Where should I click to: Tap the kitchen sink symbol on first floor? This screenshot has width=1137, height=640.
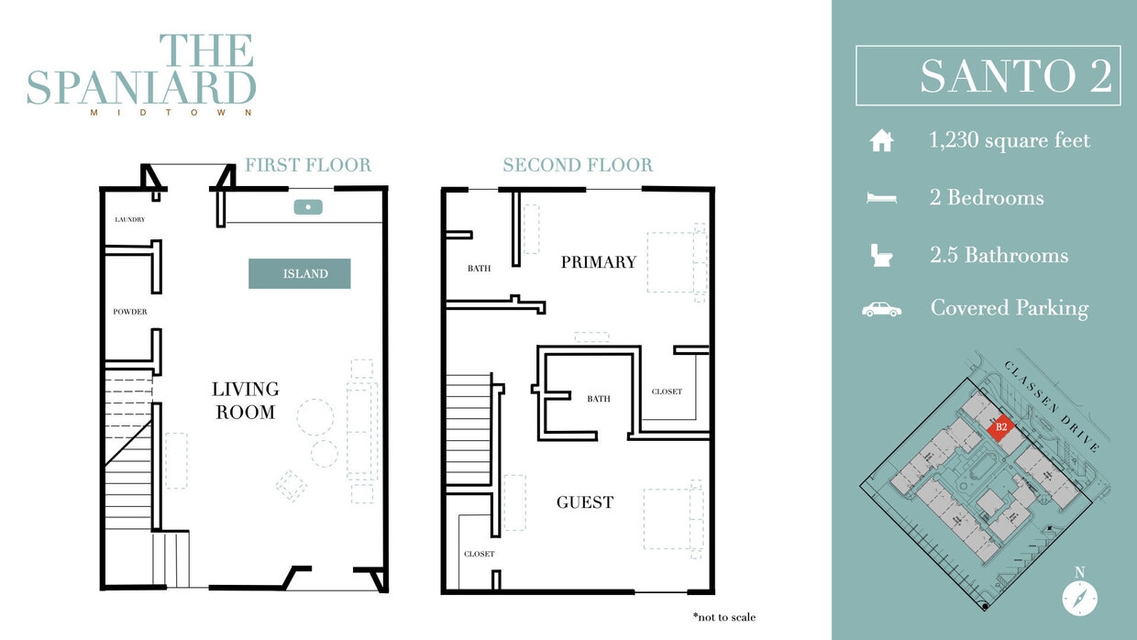(309, 207)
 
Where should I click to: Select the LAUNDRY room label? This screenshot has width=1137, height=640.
(129, 220)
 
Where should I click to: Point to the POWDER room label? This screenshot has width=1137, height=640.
(130, 312)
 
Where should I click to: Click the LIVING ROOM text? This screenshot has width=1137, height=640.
(245, 401)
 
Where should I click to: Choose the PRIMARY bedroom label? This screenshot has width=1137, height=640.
(598, 262)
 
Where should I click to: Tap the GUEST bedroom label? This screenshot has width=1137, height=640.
(585, 502)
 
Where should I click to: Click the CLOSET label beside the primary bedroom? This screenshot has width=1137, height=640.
(667, 392)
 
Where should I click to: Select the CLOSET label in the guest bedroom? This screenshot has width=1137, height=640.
(479, 554)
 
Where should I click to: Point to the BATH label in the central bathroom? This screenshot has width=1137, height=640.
(598, 399)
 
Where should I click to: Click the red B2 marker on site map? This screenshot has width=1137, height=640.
(1001, 426)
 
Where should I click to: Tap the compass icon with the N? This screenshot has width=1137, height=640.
(1079, 598)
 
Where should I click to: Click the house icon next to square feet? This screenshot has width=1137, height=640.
(881, 141)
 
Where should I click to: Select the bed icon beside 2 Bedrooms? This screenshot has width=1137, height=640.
(881, 198)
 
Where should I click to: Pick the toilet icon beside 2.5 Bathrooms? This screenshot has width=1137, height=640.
(881, 255)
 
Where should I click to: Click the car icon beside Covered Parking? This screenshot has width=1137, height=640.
(881, 309)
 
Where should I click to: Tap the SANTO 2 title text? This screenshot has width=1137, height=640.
(1015, 76)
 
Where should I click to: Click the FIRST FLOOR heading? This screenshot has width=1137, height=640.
(307, 165)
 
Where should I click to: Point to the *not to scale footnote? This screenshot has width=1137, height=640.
(724, 617)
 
